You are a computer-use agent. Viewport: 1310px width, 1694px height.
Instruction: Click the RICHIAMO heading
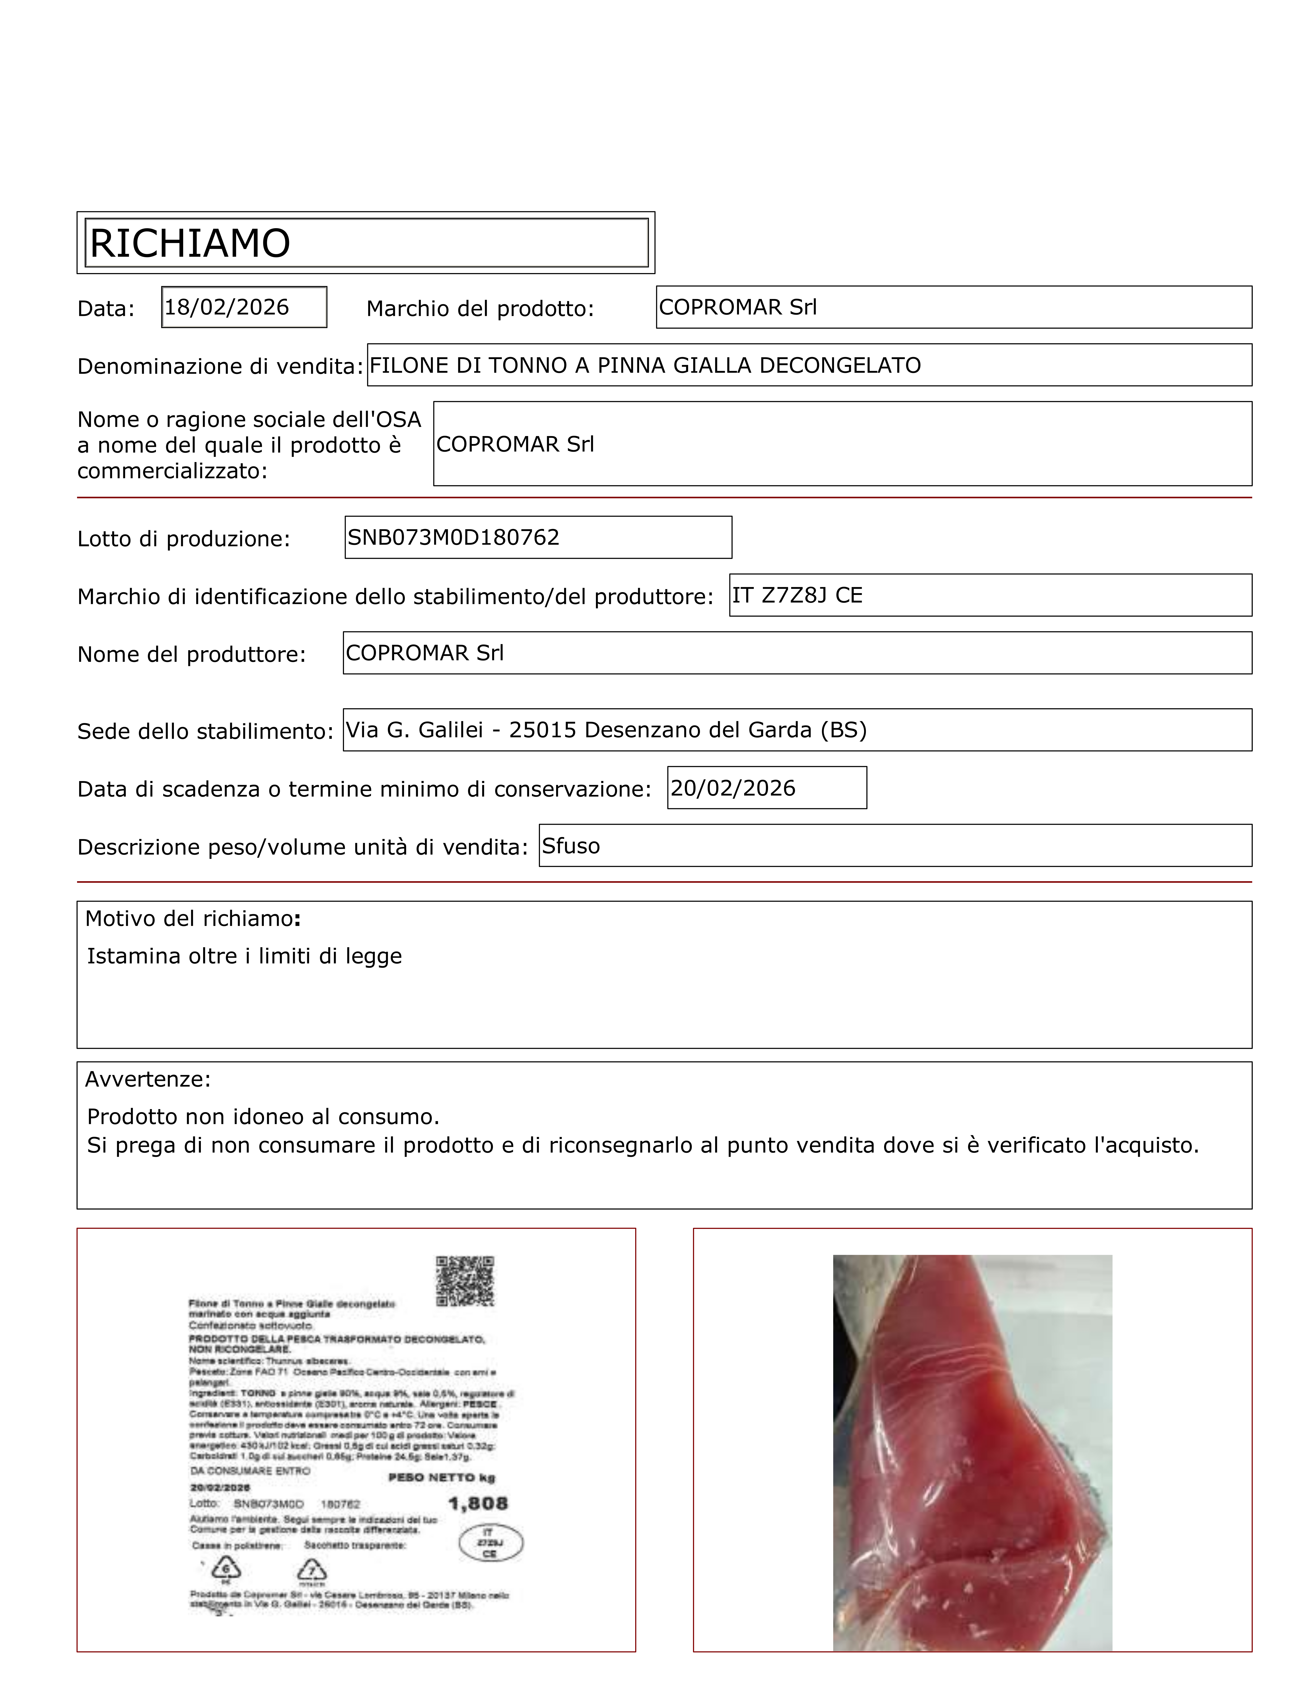(190, 244)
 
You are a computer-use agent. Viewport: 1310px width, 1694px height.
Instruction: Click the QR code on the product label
(465, 1281)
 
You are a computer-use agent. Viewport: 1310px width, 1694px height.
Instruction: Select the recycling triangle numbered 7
(312, 1572)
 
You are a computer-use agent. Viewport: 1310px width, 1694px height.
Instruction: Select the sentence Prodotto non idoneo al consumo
(263, 1117)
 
